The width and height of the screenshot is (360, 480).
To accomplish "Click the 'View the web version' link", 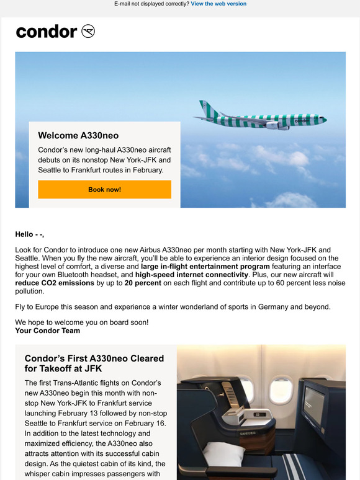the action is click(x=218, y=4).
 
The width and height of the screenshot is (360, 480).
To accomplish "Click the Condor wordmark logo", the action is click(x=47, y=32).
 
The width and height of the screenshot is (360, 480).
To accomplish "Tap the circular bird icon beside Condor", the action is click(x=88, y=32).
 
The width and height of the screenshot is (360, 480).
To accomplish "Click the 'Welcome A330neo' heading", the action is click(x=78, y=135).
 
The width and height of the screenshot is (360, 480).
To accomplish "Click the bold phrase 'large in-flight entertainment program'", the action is click(x=201, y=266).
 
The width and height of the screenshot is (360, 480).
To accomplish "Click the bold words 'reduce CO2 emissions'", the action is click(x=55, y=282).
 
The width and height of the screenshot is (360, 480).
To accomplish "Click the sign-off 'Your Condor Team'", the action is click(x=47, y=331).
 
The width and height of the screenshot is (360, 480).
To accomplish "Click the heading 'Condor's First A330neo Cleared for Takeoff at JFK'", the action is click(x=94, y=363).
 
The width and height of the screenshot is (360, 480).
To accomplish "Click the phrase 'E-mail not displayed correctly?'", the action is click(x=151, y=4).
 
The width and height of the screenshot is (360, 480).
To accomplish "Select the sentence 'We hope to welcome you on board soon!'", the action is click(x=82, y=322).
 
